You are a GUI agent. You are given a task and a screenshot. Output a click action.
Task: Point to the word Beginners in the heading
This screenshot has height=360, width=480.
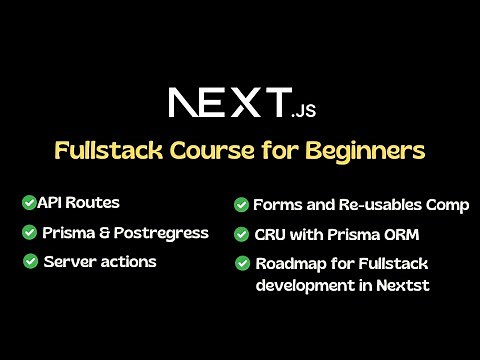(x=367, y=151)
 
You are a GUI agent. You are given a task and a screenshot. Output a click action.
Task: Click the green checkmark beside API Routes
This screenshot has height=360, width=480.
(x=29, y=203)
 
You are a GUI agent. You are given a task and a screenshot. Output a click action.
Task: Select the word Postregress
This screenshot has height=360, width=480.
(x=162, y=233)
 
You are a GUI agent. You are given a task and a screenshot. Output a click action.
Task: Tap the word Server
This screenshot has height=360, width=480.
(x=70, y=262)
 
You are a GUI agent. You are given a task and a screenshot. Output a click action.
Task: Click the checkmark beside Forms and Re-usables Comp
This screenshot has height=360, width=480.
(x=241, y=205)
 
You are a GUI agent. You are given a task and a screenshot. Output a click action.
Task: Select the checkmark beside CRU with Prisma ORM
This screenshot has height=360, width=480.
(x=241, y=235)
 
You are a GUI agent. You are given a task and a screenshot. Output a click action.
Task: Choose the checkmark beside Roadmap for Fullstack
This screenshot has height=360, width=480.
(x=241, y=264)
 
